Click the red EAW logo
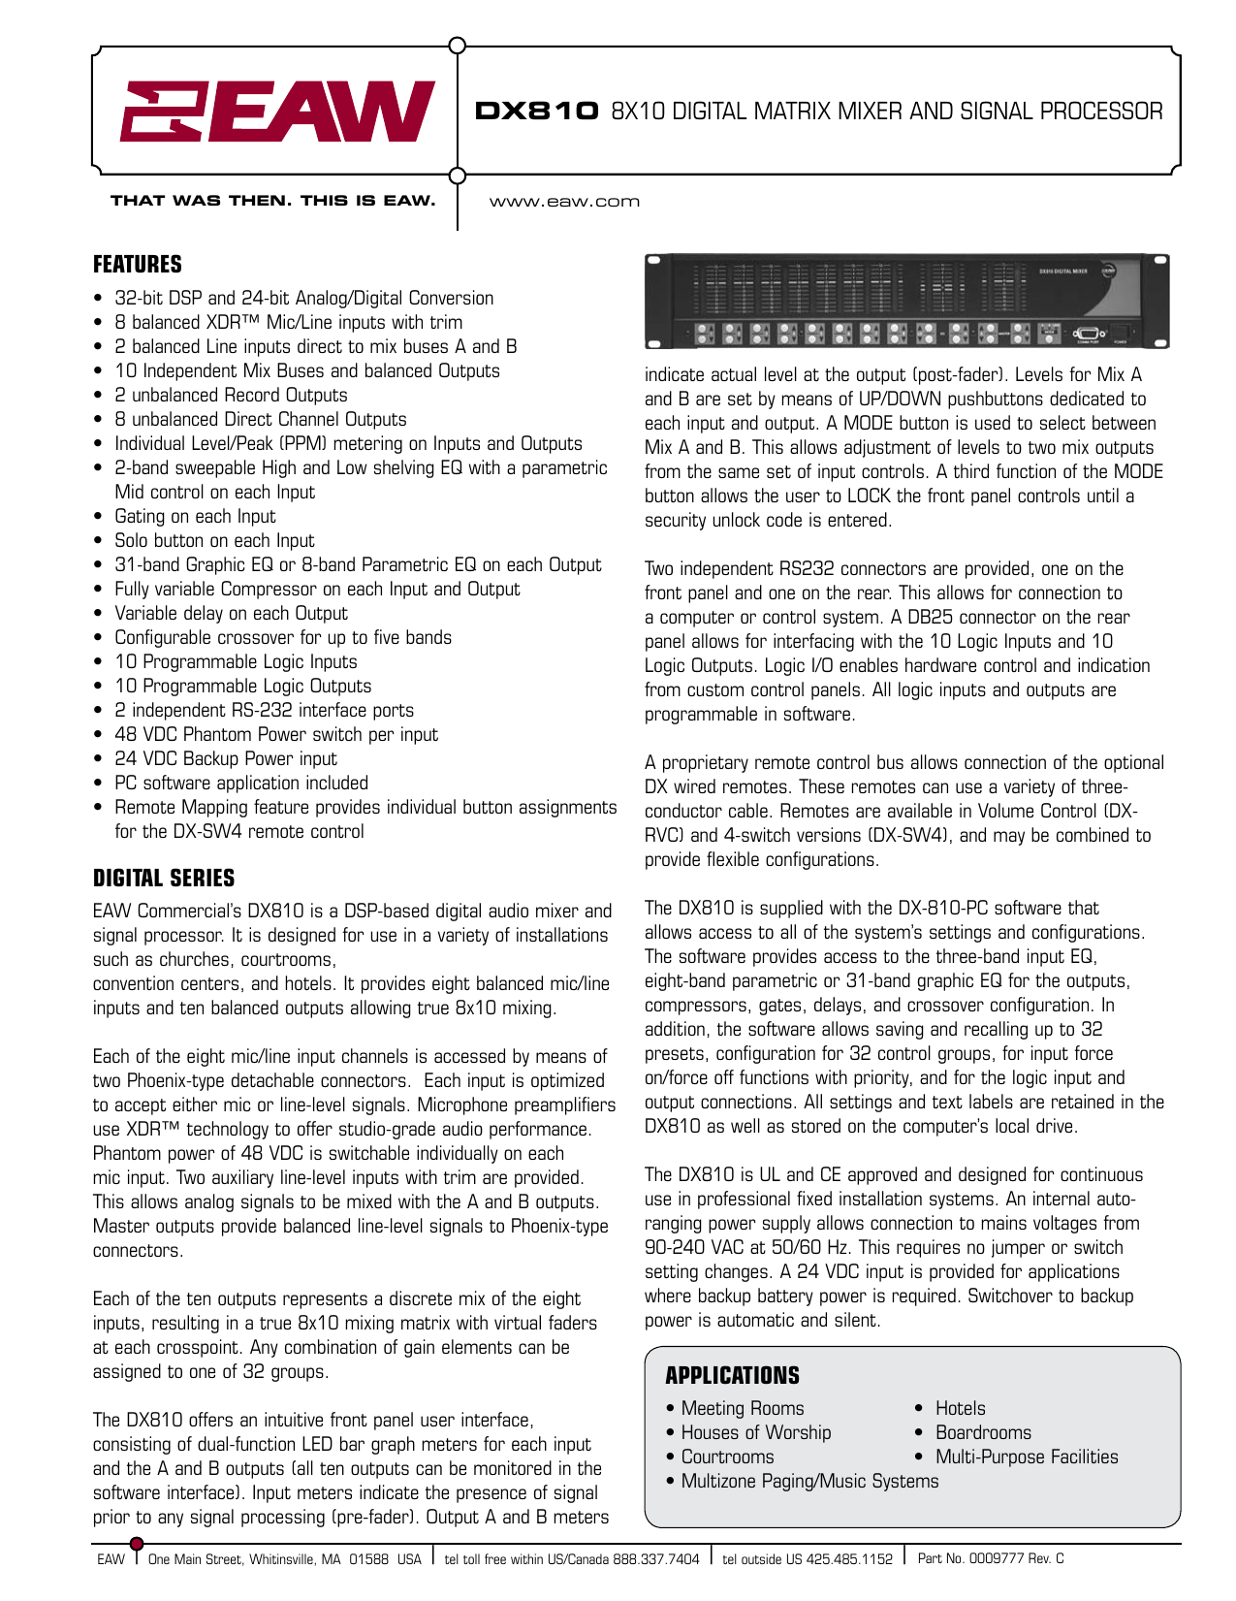click(276, 112)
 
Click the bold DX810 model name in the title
click(537, 112)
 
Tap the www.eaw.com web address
click(564, 202)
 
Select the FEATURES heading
click(138, 265)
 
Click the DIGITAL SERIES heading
click(164, 879)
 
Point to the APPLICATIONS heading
click(732, 1376)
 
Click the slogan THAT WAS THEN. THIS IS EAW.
click(272, 201)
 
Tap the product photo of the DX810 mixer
click(906, 302)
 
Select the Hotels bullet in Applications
click(960, 1408)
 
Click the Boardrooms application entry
click(983, 1432)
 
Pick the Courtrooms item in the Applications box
click(727, 1457)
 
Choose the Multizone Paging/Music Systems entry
click(809, 1481)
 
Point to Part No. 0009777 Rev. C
click(990, 1558)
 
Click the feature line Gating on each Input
click(195, 517)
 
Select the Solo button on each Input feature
click(214, 541)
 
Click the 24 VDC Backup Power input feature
click(226, 759)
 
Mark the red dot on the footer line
click(137, 1544)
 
